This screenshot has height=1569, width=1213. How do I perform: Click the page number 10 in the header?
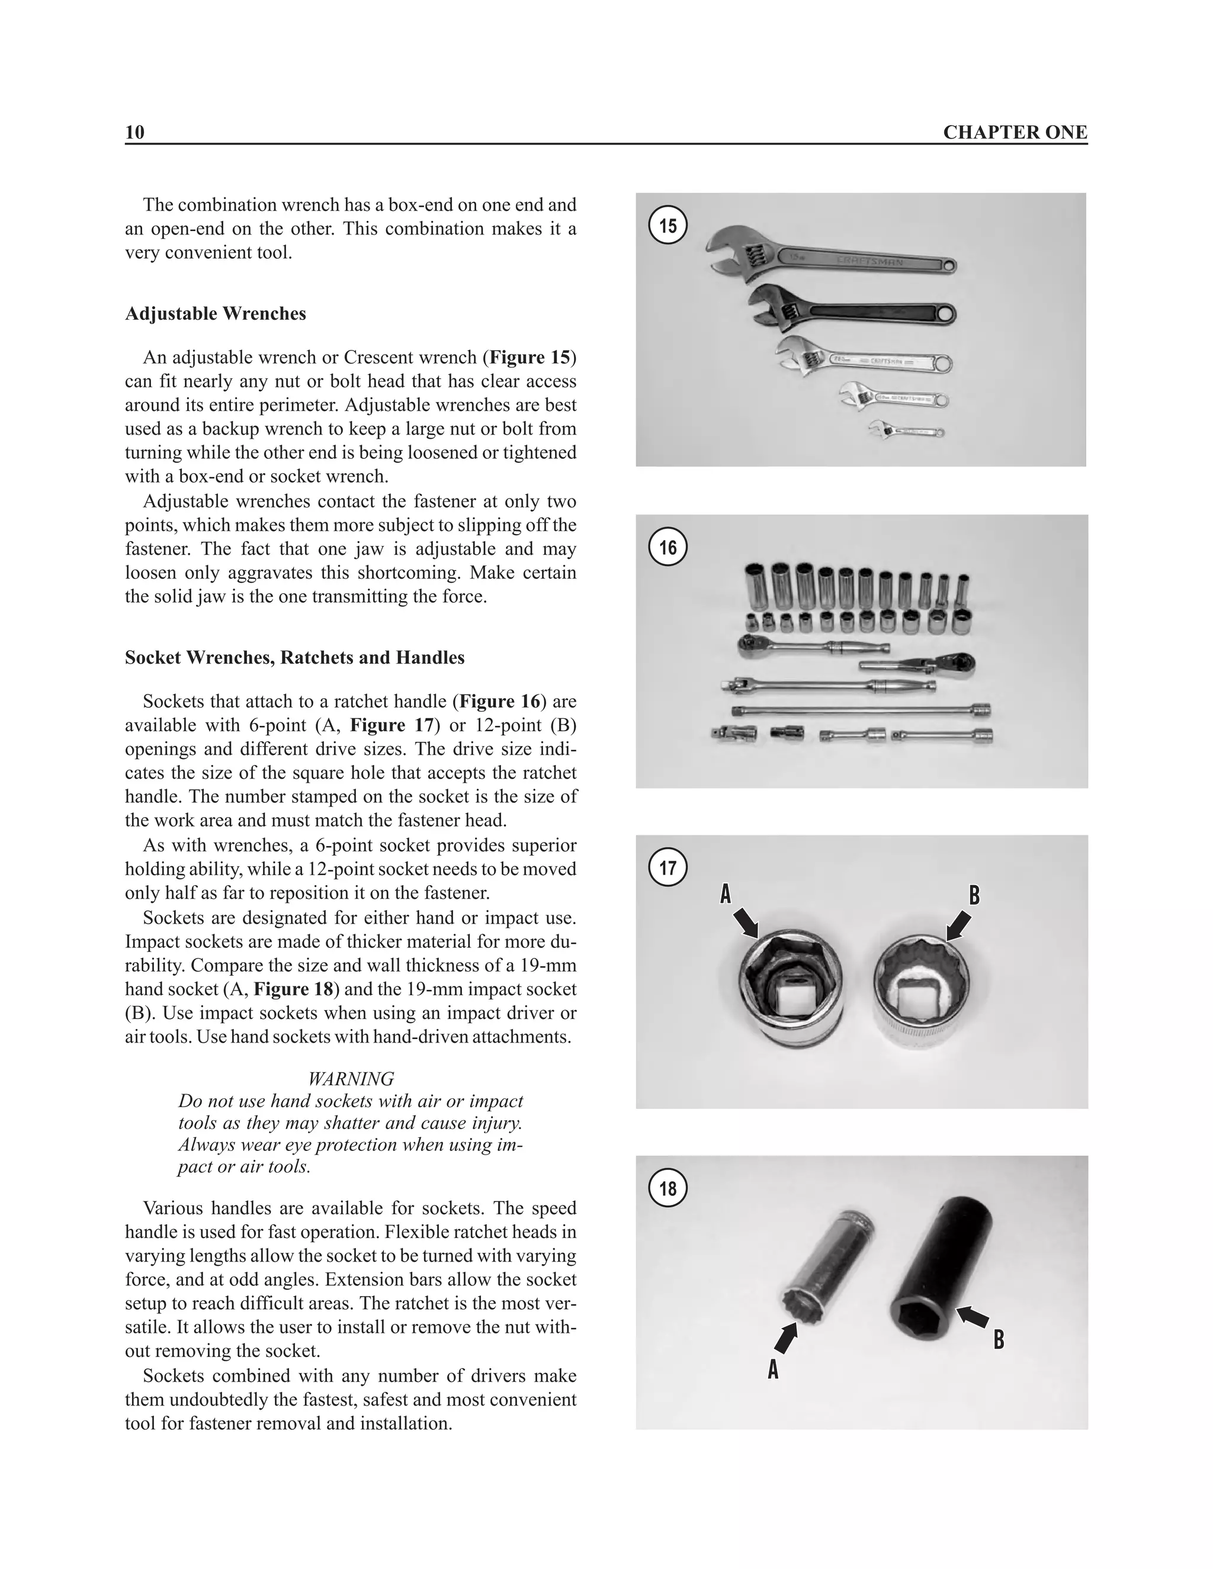coord(134,132)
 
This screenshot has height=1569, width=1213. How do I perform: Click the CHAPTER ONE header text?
coord(1015,132)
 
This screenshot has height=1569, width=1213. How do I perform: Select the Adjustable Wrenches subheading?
coord(215,314)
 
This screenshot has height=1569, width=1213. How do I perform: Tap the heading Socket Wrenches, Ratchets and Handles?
coord(294,657)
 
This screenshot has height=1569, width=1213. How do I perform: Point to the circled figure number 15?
coord(668,226)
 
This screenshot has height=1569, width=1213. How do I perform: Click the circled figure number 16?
coord(668,548)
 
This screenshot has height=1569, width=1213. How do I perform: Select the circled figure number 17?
coord(668,868)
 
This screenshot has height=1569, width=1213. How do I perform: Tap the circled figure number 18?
coord(668,1188)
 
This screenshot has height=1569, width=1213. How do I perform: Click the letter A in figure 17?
coord(726,895)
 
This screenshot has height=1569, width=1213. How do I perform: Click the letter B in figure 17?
coord(974,896)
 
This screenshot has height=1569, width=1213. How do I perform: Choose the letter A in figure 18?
coord(773,1369)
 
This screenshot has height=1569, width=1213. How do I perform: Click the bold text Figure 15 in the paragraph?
coord(530,357)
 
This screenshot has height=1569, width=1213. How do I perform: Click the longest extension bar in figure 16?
coord(861,710)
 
